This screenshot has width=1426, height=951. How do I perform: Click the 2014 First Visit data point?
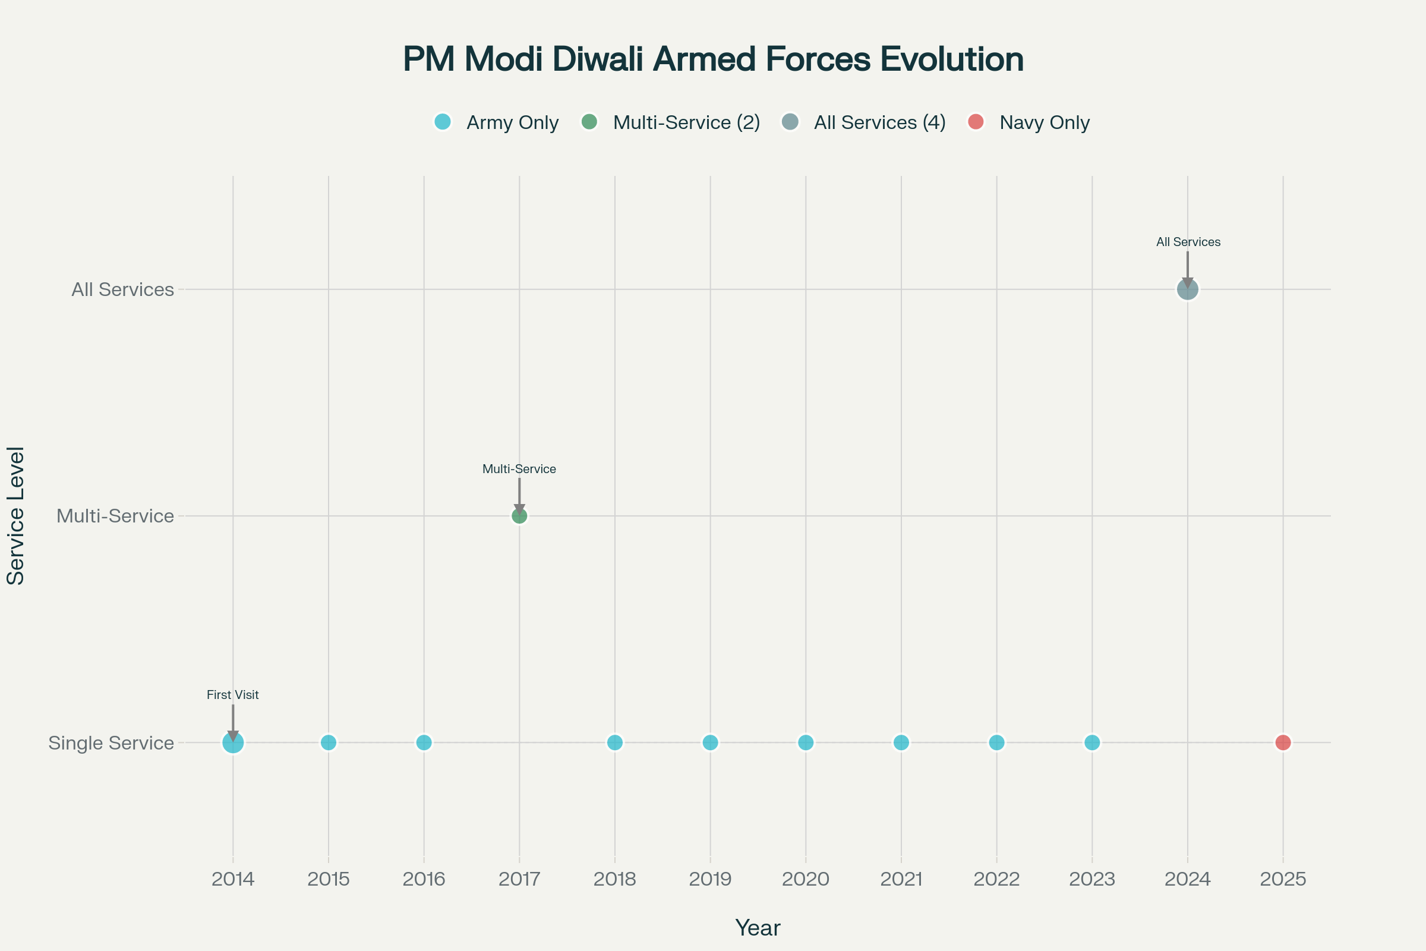click(233, 742)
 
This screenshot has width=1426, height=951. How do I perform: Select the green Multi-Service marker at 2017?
click(519, 516)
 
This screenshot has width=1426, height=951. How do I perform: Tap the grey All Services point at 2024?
click(1187, 289)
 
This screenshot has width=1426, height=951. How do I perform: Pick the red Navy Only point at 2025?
click(1283, 742)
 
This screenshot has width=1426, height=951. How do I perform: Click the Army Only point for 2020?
click(806, 742)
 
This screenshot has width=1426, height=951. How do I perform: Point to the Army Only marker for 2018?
click(615, 742)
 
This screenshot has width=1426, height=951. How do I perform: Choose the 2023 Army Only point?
click(1092, 742)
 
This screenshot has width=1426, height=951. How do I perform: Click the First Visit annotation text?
click(233, 695)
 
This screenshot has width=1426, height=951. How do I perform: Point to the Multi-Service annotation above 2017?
click(519, 469)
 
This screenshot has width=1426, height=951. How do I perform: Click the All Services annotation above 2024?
click(1188, 242)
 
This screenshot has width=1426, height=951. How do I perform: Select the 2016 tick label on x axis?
click(424, 879)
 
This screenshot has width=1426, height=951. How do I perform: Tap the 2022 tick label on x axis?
click(997, 879)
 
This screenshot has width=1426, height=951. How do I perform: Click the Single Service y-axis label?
click(111, 743)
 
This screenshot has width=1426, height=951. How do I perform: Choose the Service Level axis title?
click(16, 515)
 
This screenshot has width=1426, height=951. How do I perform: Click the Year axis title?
click(757, 928)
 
